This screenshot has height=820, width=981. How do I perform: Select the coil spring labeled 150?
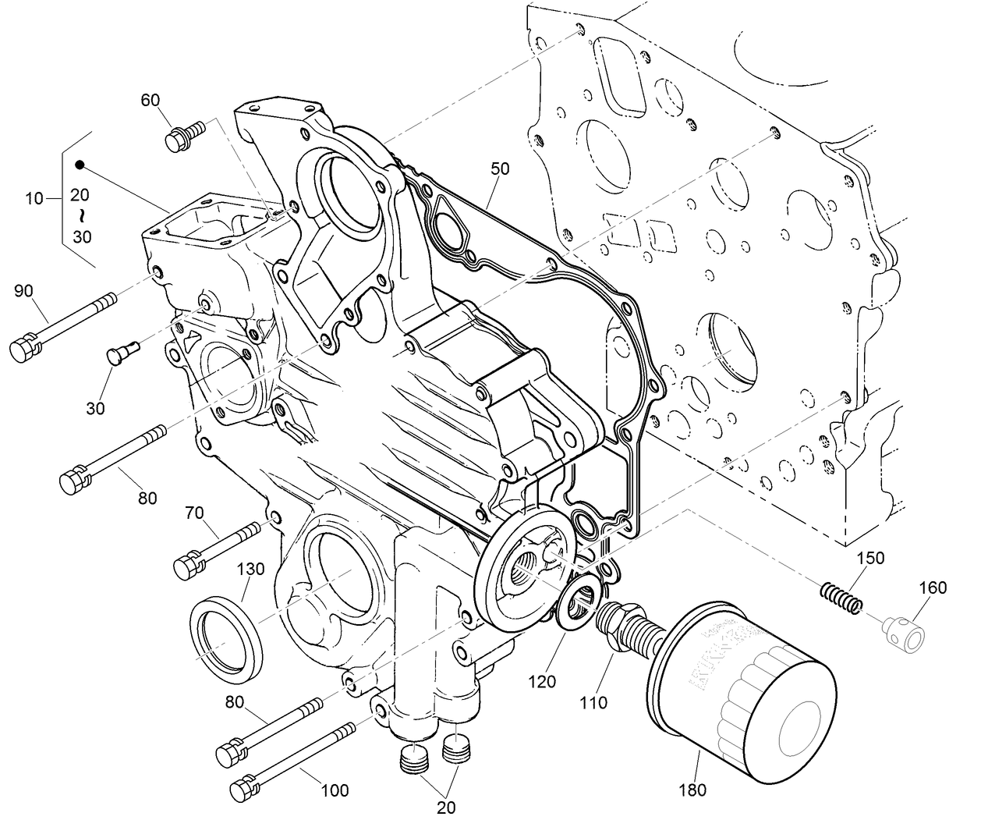click(842, 598)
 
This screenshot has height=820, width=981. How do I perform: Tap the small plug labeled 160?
click(906, 630)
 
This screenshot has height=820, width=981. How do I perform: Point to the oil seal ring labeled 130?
click(226, 636)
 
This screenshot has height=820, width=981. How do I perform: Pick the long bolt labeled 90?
click(62, 324)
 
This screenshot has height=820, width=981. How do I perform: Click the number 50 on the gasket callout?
click(501, 168)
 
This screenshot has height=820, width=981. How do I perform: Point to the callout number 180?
click(692, 790)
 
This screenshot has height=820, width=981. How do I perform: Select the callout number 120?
click(541, 681)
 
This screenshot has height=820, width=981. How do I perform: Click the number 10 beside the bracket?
click(34, 197)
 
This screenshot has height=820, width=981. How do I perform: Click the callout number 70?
click(194, 512)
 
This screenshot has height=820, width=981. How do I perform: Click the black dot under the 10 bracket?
click(80, 165)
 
